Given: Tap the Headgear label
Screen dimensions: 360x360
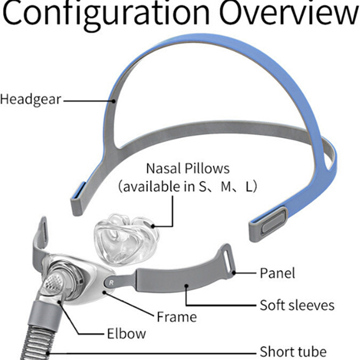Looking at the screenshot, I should pyautogui.click(x=31, y=99).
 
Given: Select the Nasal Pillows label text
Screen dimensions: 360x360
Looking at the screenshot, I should pyautogui.click(x=188, y=169).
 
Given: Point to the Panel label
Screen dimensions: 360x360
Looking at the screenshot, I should pyautogui.click(x=278, y=273).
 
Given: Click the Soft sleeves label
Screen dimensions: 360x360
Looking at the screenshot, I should pyautogui.click(x=297, y=305).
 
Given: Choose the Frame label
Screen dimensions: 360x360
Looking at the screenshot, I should pyautogui.click(x=176, y=316).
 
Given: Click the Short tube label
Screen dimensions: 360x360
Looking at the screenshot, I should pyautogui.click(x=293, y=351).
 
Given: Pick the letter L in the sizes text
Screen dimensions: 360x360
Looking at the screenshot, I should pyautogui.click(x=249, y=187).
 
